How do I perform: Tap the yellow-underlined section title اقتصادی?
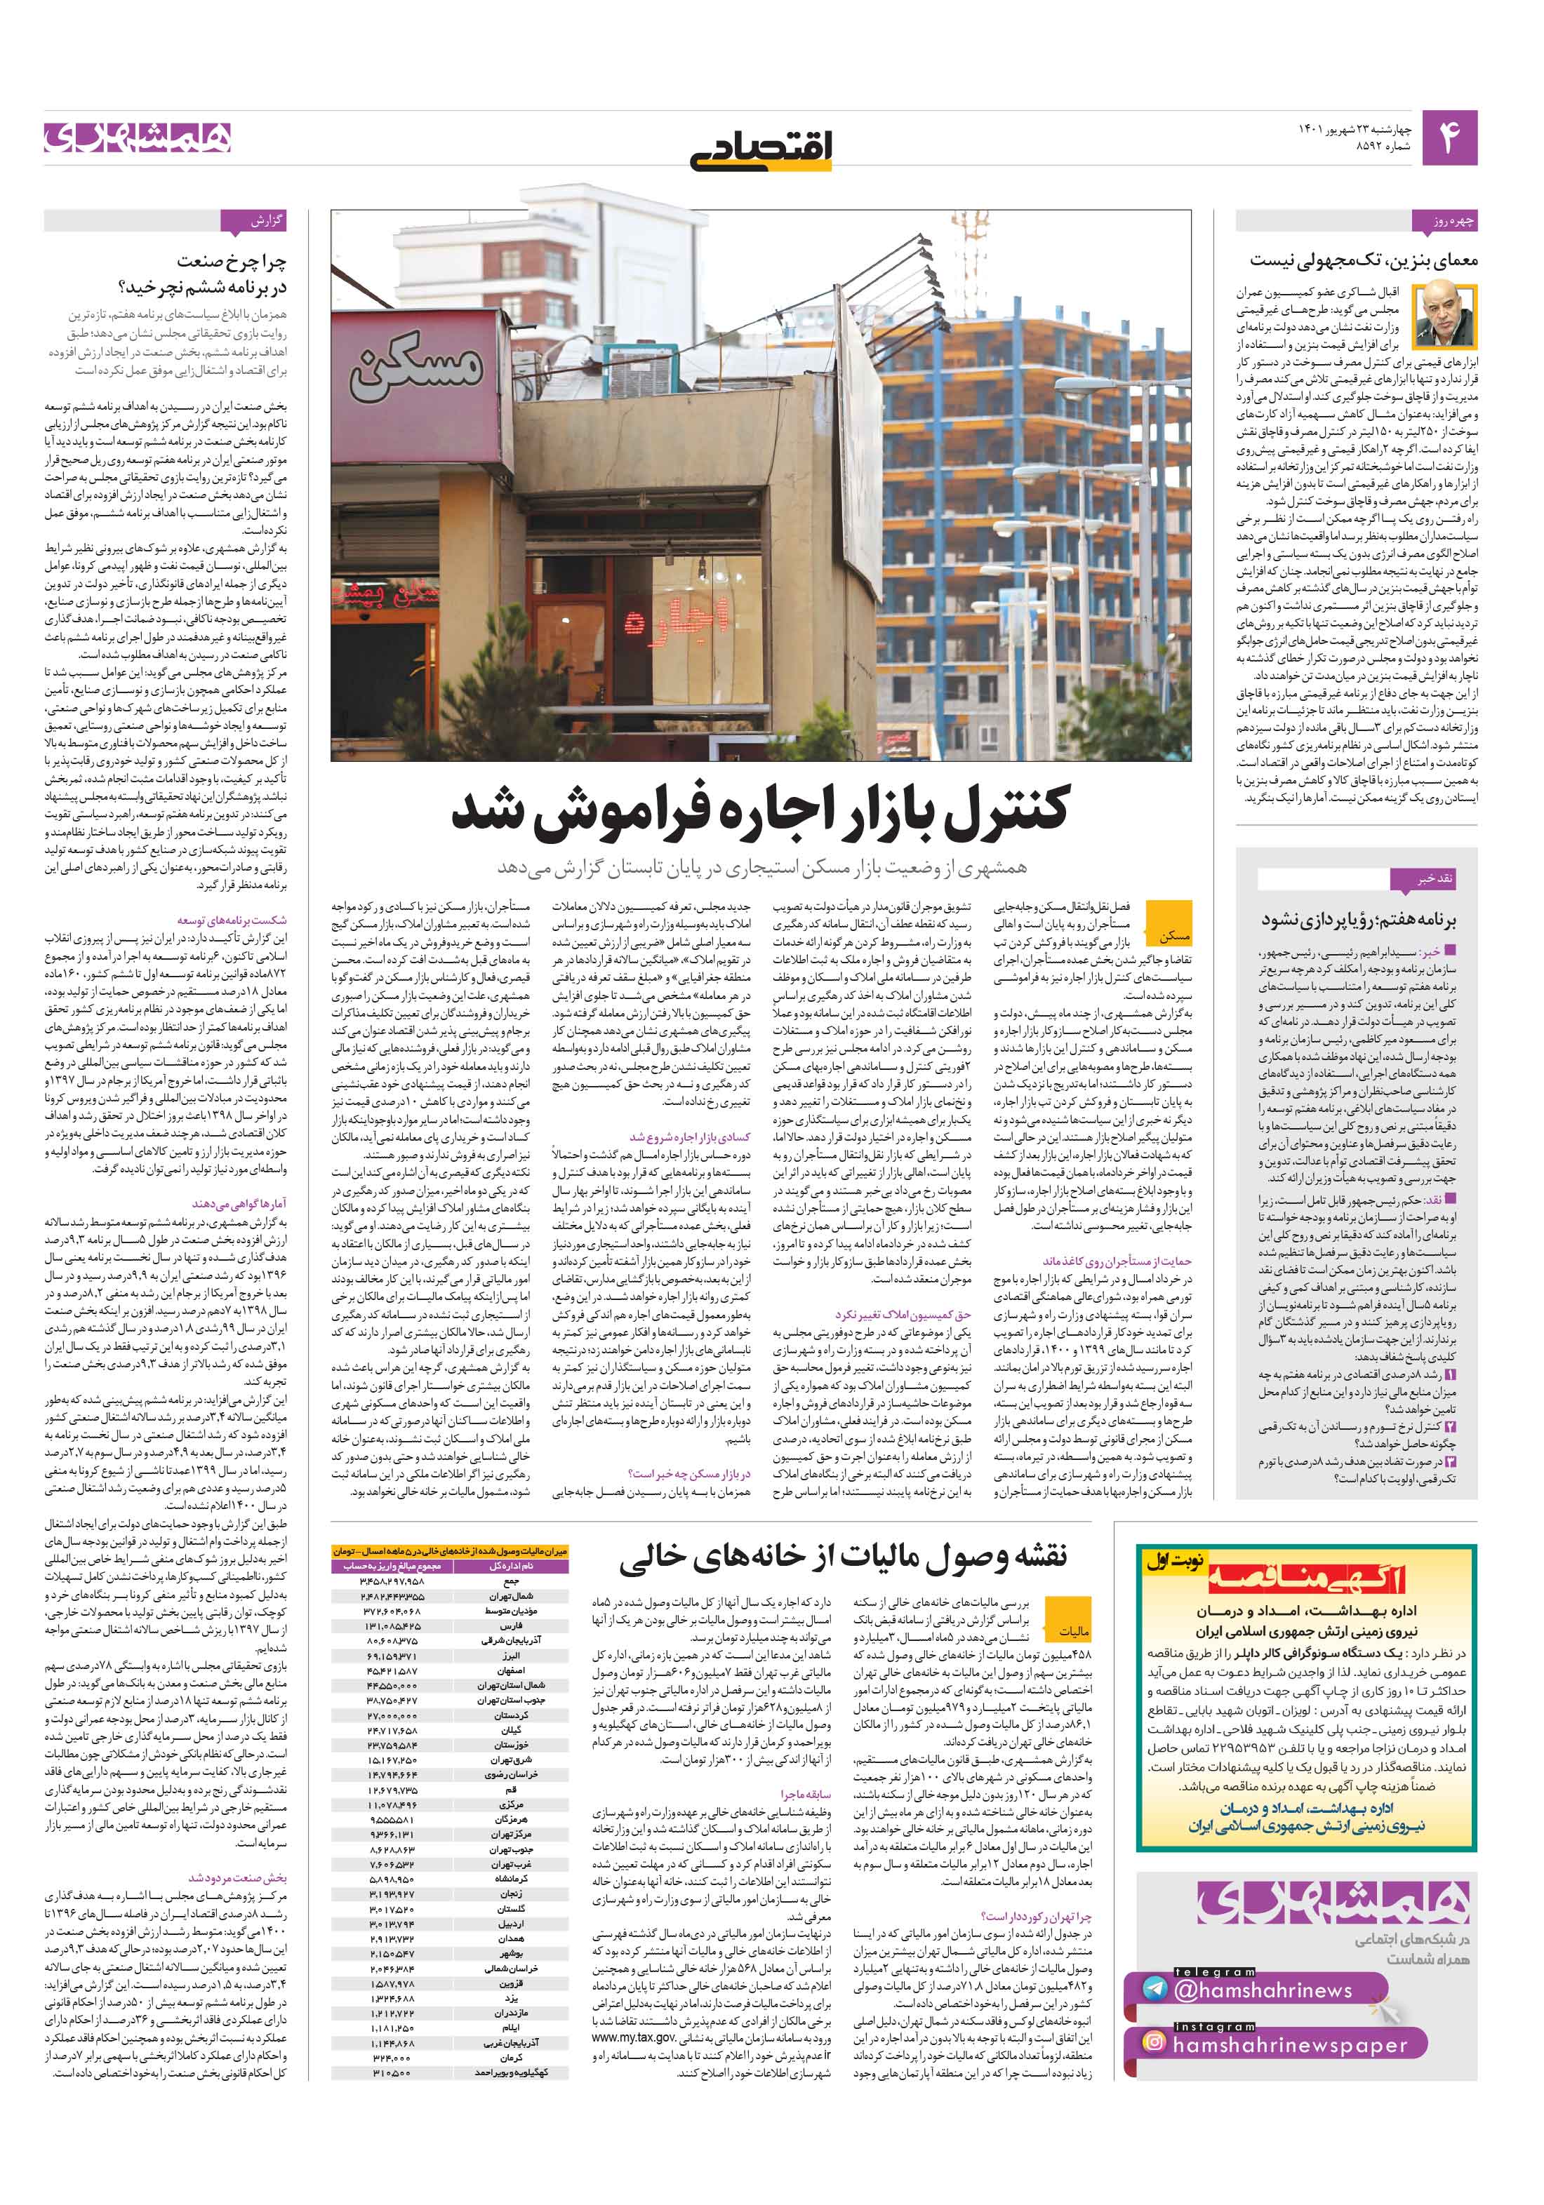click(762, 149)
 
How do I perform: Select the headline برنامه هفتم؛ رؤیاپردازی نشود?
click(1359, 919)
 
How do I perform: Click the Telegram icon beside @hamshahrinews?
click(1154, 1988)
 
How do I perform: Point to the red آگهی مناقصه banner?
click(1307, 1578)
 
